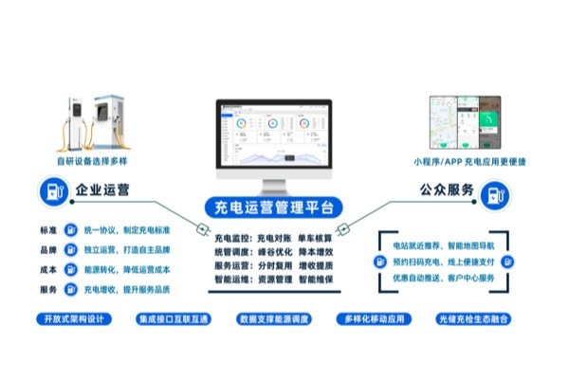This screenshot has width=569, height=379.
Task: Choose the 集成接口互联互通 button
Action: [174, 319]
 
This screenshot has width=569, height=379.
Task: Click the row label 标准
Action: [49, 230]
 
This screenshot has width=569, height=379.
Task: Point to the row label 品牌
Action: [49, 250]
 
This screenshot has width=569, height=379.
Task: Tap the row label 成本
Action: [49, 270]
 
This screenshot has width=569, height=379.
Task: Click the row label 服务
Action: [49, 290]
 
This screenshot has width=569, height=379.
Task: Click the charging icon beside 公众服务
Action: [493, 194]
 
